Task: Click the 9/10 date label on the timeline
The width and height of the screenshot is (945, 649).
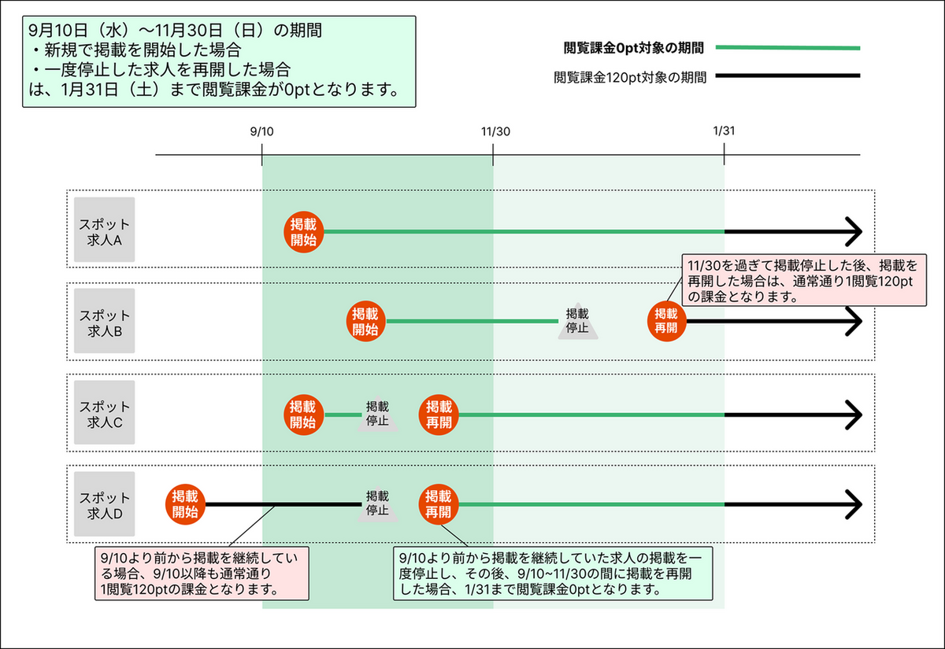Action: click(x=261, y=131)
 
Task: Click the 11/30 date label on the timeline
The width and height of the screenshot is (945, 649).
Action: click(x=495, y=131)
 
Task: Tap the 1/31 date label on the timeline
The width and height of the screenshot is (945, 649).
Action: click(x=724, y=131)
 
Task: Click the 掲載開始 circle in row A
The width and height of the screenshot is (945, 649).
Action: click(x=304, y=232)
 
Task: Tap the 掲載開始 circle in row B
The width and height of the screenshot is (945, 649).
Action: click(x=365, y=321)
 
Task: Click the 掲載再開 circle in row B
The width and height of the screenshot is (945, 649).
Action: click(x=666, y=321)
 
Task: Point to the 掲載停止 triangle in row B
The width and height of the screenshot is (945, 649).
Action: click(x=578, y=321)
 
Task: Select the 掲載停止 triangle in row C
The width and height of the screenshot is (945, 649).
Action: click(x=377, y=414)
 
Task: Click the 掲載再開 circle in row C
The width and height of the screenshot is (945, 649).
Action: click(x=439, y=415)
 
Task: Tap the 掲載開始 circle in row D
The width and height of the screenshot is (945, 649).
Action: click(x=185, y=504)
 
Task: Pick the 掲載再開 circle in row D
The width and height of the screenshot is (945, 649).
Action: click(x=439, y=504)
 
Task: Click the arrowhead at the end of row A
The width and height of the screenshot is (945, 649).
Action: click(x=860, y=232)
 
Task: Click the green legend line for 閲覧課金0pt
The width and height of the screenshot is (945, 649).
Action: click(x=787, y=48)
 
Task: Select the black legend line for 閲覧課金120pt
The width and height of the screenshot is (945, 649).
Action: click(x=787, y=76)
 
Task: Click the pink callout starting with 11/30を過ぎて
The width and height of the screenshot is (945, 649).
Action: click(x=804, y=280)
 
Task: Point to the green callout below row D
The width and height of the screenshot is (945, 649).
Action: click(x=553, y=573)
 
